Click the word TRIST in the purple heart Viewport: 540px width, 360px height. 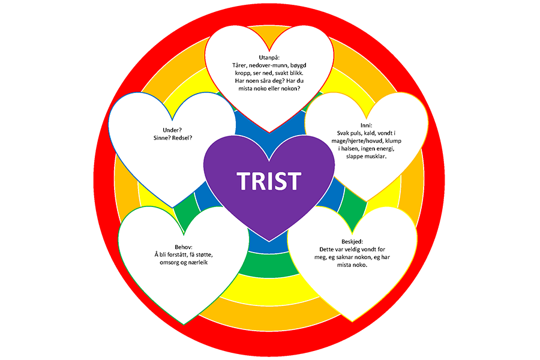point(269,181)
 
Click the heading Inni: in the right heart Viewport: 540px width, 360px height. point(361,124)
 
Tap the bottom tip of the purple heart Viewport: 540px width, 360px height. point(269,239)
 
